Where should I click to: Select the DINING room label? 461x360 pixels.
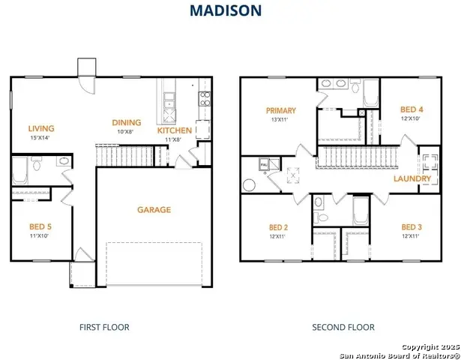point(127,122)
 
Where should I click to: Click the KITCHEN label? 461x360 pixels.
point(174,130)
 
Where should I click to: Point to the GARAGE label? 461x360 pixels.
point(153,210)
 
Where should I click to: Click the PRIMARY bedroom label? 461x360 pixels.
point(280,110)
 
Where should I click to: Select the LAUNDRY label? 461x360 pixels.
point(412,179)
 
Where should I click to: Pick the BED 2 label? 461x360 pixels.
point(278,227)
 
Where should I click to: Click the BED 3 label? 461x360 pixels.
point(411,227)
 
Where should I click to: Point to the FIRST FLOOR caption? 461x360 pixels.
point(104,327)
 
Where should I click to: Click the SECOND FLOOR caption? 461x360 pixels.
point(343,327)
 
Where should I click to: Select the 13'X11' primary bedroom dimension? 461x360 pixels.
point(280,119)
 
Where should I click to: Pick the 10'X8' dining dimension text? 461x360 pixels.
point(126,131)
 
